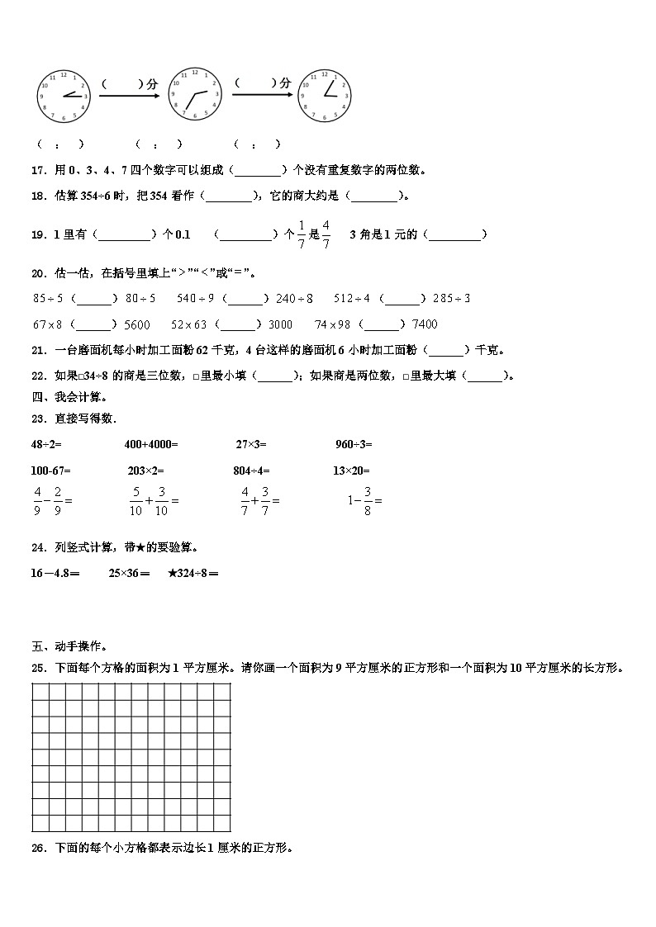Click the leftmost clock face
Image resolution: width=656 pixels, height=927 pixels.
63,95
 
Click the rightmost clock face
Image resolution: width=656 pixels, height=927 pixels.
324,95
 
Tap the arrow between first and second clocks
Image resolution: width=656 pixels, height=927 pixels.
129,97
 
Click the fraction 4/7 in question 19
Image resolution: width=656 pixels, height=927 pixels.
326,234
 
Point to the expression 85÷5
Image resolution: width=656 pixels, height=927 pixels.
49,298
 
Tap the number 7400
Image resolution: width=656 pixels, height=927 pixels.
424,324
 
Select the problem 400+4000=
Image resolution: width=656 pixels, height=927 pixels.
151,444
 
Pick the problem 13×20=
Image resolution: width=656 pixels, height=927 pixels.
354,471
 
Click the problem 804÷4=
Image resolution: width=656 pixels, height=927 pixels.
252,471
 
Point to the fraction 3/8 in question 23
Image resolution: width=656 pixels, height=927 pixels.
367,500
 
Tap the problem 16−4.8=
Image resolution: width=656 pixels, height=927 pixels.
55,573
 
